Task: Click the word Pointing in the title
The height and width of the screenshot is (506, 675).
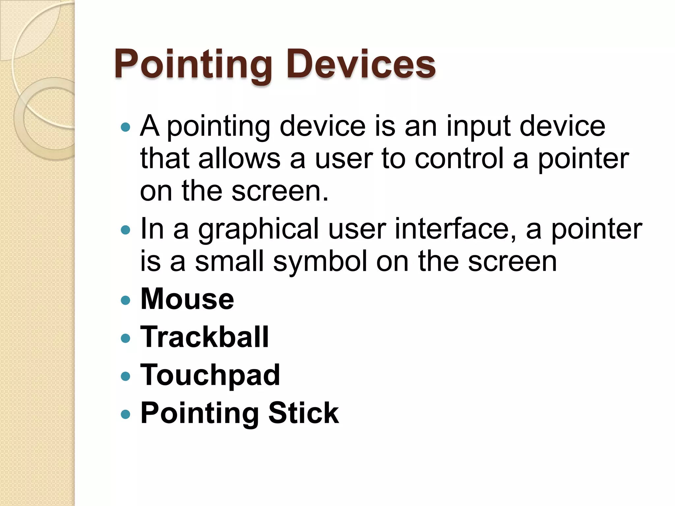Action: coord(193,64)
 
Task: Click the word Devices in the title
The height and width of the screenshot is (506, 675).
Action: coord(361,64)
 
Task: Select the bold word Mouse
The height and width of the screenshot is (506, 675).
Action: coord(187,299)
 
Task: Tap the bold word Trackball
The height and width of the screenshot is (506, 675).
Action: coord(204,337)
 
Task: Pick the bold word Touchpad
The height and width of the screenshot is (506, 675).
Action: coord(210,375)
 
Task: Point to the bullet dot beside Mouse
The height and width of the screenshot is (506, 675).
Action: coord(126,300)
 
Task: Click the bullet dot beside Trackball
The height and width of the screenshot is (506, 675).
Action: coord(126,338)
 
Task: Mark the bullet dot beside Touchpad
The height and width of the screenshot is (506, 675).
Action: coord(126,376)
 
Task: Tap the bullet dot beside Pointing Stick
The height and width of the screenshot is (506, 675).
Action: coord(126,414)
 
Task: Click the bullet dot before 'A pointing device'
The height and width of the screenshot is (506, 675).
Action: coord(126,127)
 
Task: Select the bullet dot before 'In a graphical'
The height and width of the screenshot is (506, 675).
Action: coord(126,230)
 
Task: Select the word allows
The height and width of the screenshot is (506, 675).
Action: coord(239,159)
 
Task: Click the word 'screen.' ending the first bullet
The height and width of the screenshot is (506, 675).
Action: coord(280,191)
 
